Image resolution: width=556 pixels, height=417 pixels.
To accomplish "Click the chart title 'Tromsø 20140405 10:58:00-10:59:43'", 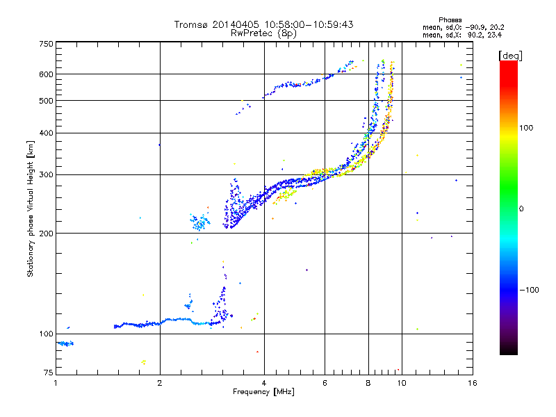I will pyautogui.click(x=263, y=24).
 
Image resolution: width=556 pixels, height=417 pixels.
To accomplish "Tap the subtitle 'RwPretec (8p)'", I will pyautogui.click(x=263, y=33).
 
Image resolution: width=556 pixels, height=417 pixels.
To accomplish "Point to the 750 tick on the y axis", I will pyautogui.click(x=47, y=43).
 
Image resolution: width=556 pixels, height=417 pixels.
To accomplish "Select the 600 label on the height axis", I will pyautogui.click(x=47, y=74).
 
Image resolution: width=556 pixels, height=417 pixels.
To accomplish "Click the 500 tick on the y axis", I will pyautogui.click(x=47, y=101).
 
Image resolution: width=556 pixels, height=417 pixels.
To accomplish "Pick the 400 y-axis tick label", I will pyautogui.click(x=47, y=133).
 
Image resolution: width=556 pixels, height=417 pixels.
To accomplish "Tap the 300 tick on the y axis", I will pyautogui.click(x=47, y=174).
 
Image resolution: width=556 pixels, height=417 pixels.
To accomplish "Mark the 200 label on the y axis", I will pyautogui.click(x=47, y=233).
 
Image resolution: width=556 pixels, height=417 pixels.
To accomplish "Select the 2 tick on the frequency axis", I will pyautogui.click(x=160, y=382).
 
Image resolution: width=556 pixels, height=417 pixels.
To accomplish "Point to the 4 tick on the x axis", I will pyautogui.click(x=264, y=382).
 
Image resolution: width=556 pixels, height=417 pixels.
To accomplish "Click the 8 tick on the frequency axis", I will pyautogui.click(x=368, y=382).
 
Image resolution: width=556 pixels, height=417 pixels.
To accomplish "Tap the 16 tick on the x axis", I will pyautogui.click(x=472, y=382).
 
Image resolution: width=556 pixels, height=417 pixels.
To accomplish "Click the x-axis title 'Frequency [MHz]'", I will pyautogui.click(x=263, y=392).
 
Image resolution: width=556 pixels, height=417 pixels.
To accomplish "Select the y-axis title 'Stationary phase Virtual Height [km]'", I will pyautogui.click(x=31, y=208).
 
